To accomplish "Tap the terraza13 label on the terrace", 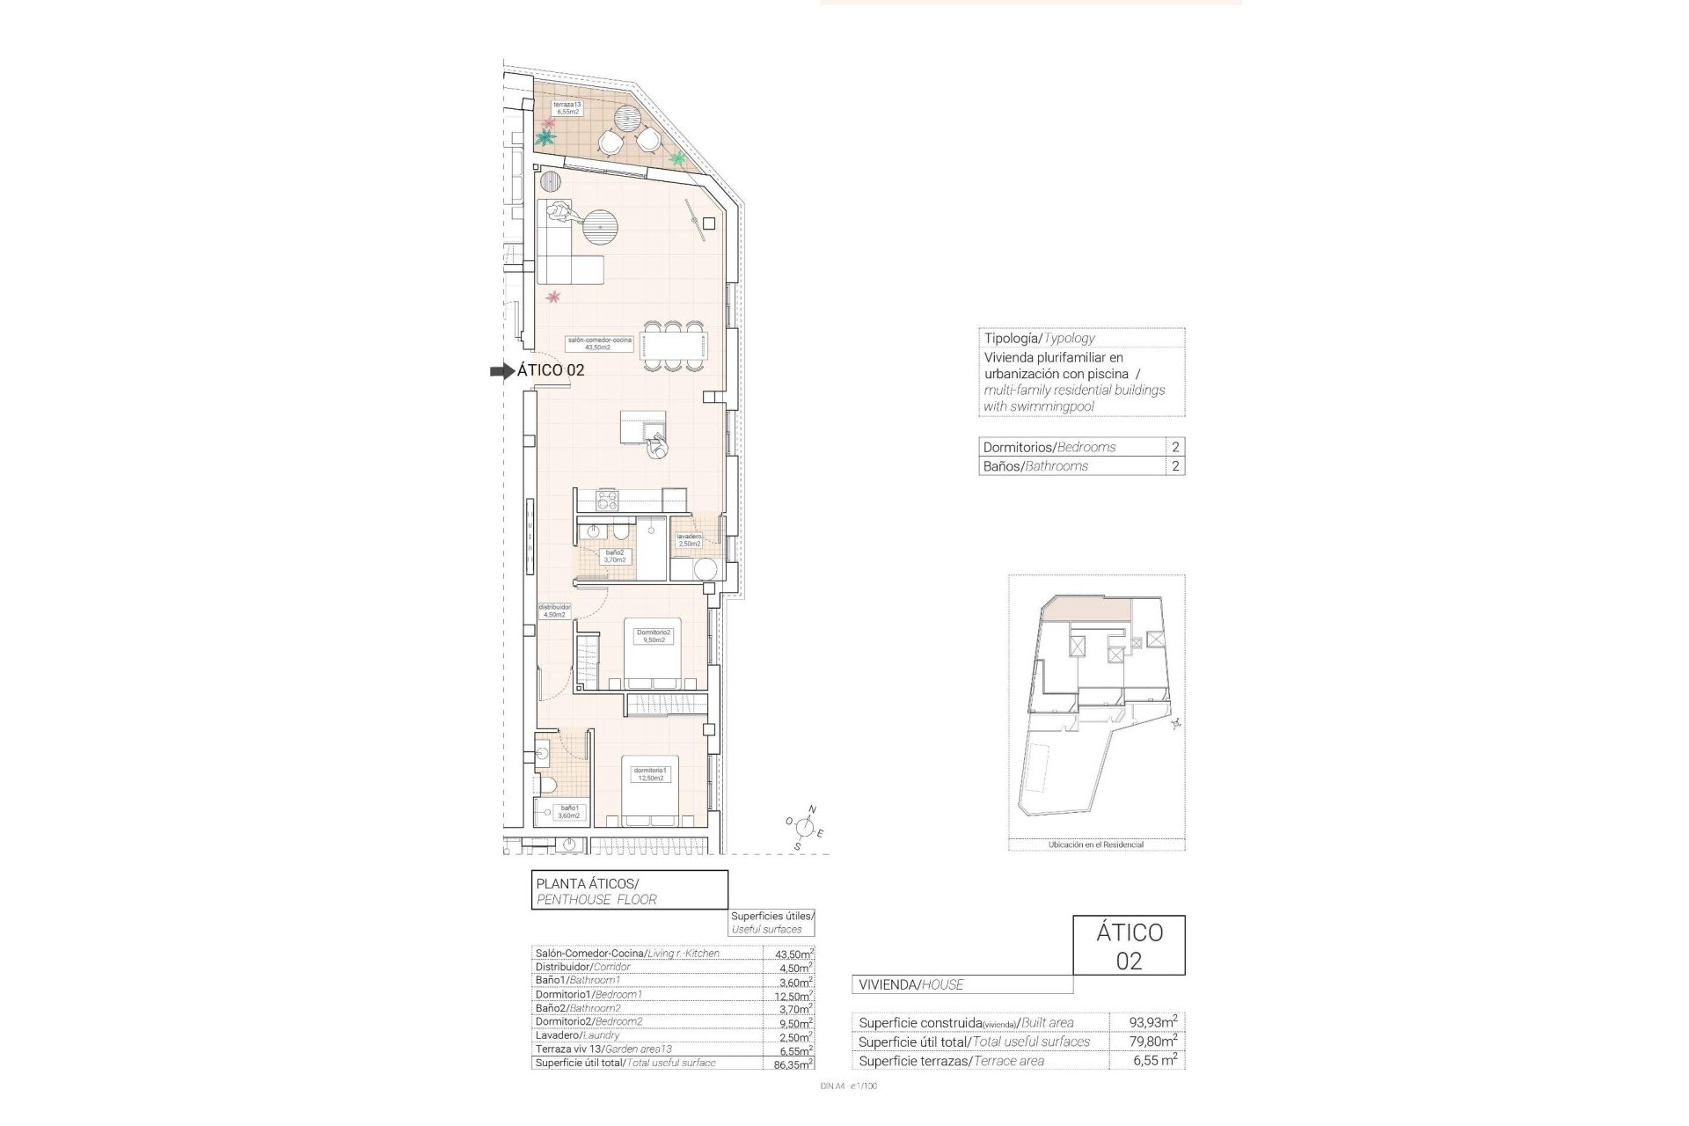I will pos(567,108).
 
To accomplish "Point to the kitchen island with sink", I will pos(643,428).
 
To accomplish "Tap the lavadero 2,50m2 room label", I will pos(689,540).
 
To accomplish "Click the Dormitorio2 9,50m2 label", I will pos(654,636).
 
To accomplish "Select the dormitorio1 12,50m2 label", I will pos(651,774).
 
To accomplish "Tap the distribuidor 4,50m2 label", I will pos(554,611).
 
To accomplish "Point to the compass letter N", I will pos(812,808).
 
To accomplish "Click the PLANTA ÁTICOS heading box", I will pos(630,889).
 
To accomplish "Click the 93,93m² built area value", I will pos(1153,1022).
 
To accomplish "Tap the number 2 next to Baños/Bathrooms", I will pos(1175,466).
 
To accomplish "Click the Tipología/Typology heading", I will pos(1039,338).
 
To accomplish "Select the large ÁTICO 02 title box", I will pos(1129,946).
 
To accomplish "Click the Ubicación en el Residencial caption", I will pos(1096,844).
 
